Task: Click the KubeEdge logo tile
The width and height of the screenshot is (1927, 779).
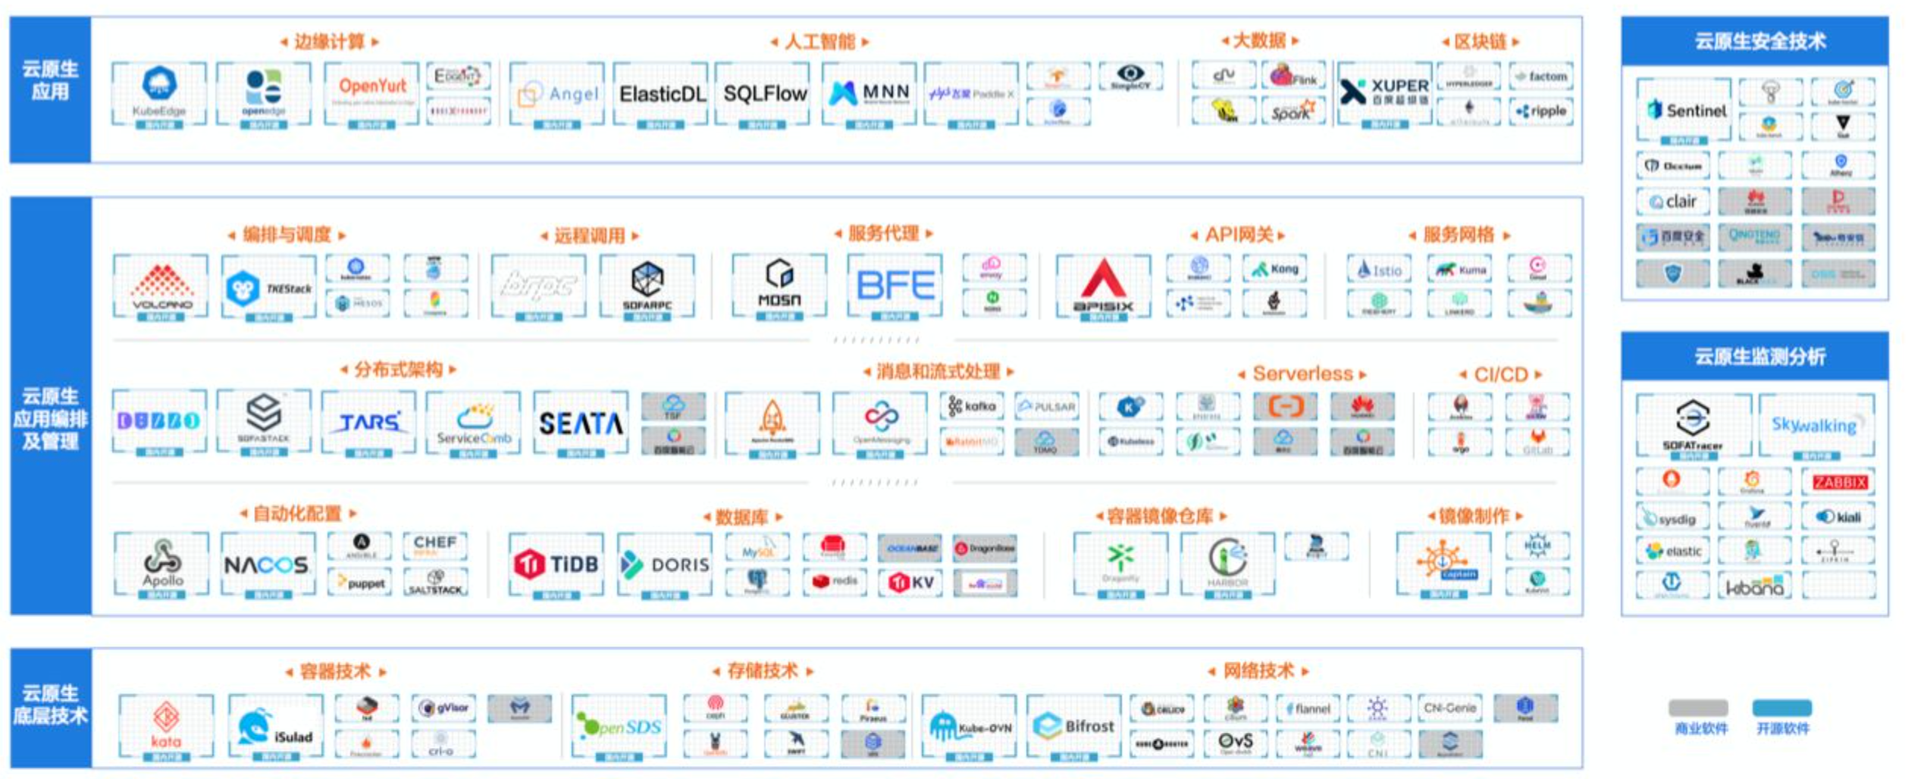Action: (x=159, y=93)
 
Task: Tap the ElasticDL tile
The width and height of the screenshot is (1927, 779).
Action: (x=662, y=94)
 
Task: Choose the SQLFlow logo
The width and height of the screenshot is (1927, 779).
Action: (x=764, y=94)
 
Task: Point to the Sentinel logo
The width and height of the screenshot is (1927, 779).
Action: (x=1684, y=111)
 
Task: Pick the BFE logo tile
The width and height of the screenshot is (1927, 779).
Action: (x=895, y=286)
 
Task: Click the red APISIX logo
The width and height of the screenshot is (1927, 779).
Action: (x=1103, y=286)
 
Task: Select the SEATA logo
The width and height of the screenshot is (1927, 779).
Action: (x=581, y=423)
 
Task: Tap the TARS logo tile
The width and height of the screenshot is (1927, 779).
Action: (x=369, y=422)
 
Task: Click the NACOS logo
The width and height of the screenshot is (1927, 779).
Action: (x=267, y=565)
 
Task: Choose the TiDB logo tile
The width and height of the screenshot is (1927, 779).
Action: (x=557, y=565)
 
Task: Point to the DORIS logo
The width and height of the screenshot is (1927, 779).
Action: (x=665, y=565)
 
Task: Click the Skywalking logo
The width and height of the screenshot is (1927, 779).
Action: (x=1815, y=424)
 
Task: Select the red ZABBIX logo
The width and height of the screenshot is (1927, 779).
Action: (x=1839, y=482)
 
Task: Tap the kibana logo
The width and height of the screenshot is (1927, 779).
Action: (x=1754, y=587)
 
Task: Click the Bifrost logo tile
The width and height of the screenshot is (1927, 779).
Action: (x=1074, y=726)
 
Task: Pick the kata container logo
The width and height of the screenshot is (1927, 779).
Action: (x=166, y=725)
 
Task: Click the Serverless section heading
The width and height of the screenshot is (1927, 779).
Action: (x=1302, y=374)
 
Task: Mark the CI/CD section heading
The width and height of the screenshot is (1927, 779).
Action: (x=1500, y=374)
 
